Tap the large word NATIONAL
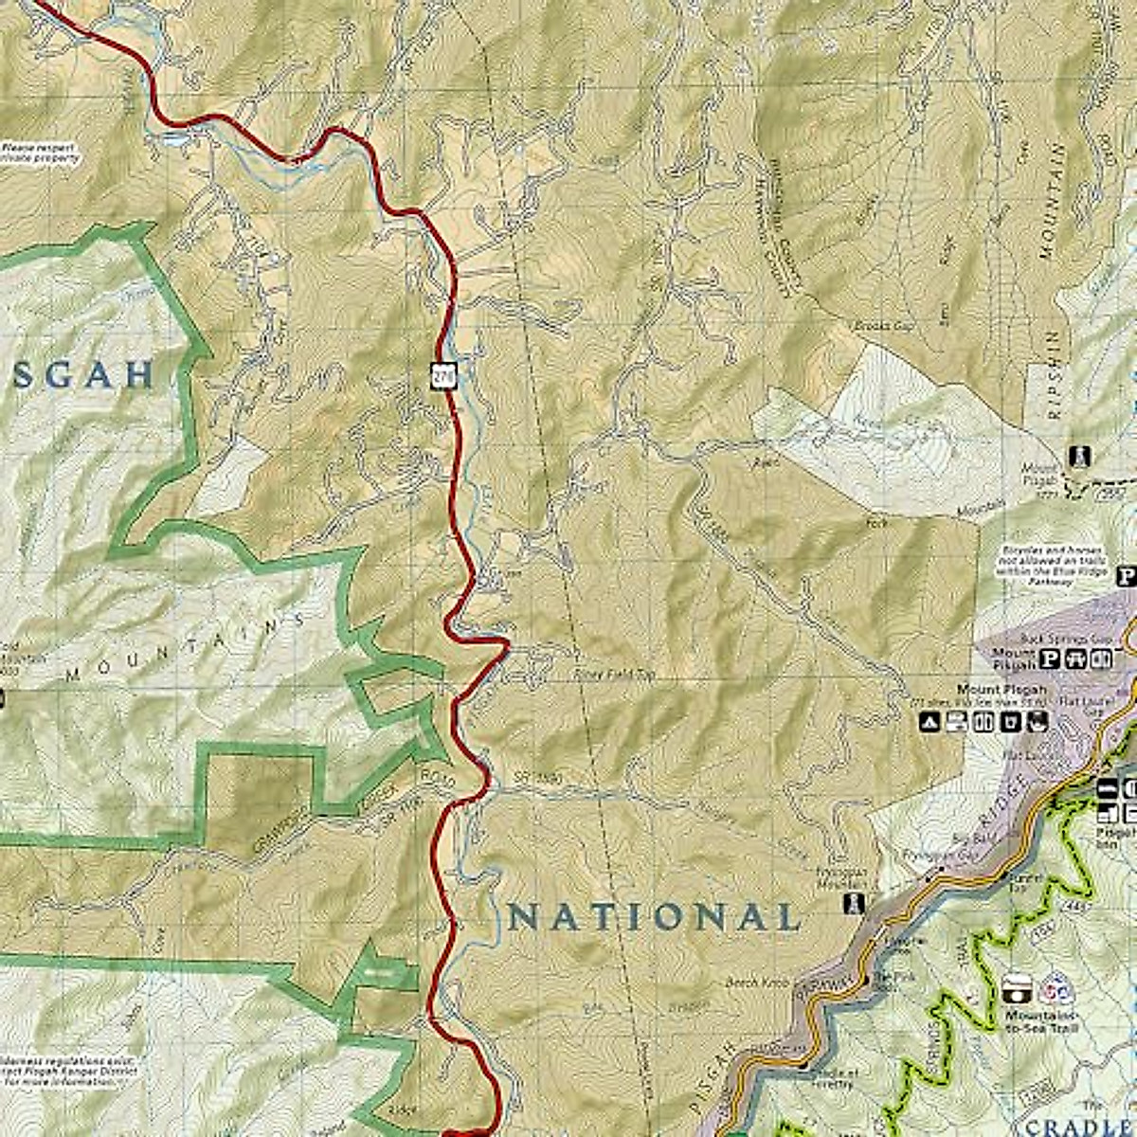[654, 917]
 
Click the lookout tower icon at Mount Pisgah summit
[1078, 457]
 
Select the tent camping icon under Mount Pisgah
[931, 723]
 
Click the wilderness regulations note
[66, 1067]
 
